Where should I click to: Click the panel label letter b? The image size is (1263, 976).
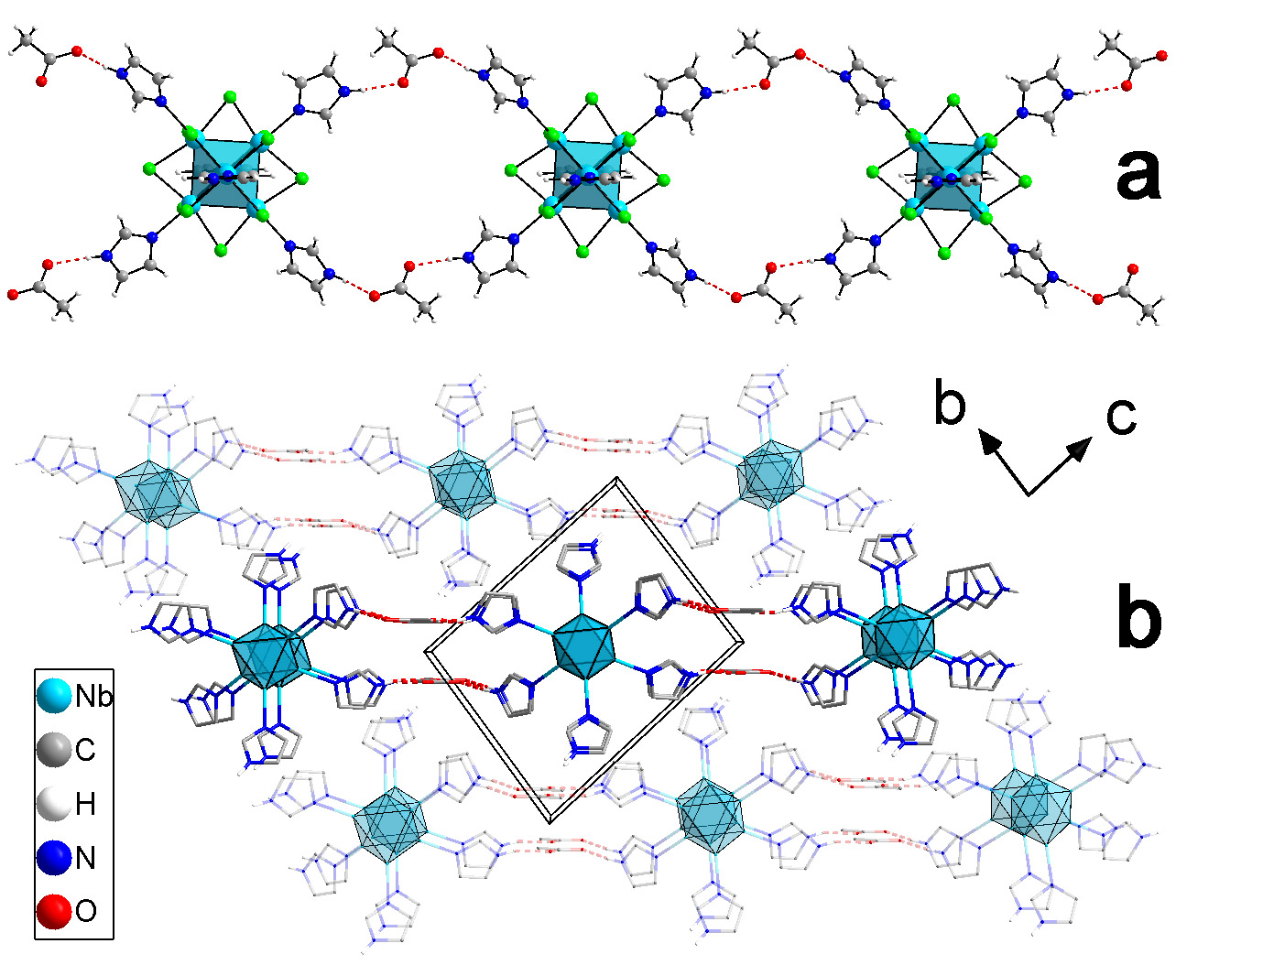pyautogui.click(x=1138, y=618)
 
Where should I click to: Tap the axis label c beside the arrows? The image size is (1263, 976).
pyautogui.click(x=1121, y=417)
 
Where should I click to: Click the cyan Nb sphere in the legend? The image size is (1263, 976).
pyautogui.click(x=54, y=696)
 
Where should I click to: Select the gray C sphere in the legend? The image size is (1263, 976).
pyautogui.click(x=54, y=750)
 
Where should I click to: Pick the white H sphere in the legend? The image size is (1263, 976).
pyautogui.click(x=54, y=804)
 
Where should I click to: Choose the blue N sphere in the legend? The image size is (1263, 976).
pyautogui.click(x=54, y=858)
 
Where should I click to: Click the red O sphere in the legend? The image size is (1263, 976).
pyautogui.click(x=54, y=911)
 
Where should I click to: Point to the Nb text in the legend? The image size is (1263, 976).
pyautogui.click(x=93, y=697)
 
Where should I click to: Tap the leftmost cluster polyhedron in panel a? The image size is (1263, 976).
pyautogui.click(x=225, y=175)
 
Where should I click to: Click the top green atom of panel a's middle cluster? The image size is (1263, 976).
pyautogui.click(x=591, y=97)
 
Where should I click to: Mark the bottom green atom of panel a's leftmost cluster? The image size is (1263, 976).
pyautogui.click(x=220, y=251)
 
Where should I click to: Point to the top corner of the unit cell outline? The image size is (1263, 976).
pyautogui.click(x=616, y=479)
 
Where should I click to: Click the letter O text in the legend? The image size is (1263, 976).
pyautogui.click(x=85, y=912)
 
